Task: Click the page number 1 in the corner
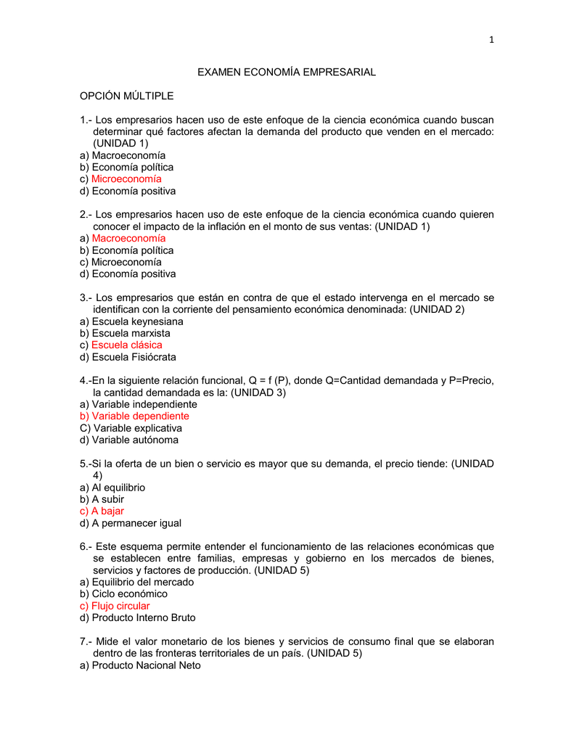491,40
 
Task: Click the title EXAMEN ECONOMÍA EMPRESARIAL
287,73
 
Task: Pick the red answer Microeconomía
126,179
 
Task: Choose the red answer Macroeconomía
128,238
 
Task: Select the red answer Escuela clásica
126,345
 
